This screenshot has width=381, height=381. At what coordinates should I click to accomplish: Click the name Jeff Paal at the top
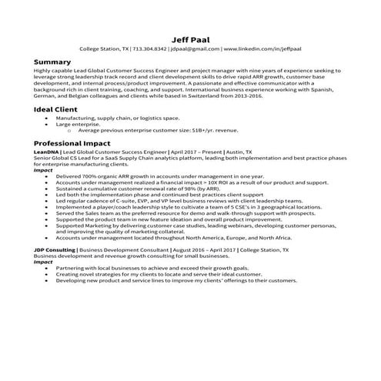point(190,36)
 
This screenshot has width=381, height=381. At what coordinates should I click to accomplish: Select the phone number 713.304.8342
point(150,48)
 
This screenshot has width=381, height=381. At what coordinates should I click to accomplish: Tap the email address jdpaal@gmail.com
point(195,48)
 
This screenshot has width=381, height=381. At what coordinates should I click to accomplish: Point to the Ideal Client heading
point(57,109)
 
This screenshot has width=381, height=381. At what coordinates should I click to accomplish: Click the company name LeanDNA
point(46,152)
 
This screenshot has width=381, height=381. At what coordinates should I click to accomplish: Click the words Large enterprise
point(79,124)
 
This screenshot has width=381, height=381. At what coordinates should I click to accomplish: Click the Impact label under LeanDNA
point(43,169)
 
